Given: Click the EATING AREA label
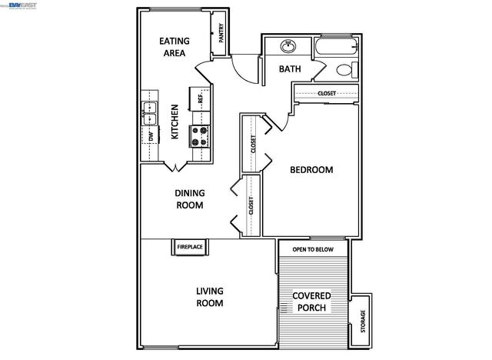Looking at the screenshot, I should tap(175, 47).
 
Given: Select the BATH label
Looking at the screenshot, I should tap(290, 69).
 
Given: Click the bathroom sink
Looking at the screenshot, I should tap(288, 46).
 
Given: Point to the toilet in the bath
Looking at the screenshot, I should tap(346, 69).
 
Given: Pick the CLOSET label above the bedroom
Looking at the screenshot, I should tap(327, 93).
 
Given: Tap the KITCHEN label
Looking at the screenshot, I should tap(175, 122).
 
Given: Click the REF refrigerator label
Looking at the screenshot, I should tap(201, 98).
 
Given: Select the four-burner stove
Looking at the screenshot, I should tap(200, 136).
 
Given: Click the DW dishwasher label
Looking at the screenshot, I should tap(151, 137).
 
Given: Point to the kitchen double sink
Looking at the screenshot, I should tap(148, 113).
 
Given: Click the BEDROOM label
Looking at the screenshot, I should tap(311, 170).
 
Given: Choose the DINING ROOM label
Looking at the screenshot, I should tap(189, 199).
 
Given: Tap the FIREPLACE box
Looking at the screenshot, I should tap(190, 247).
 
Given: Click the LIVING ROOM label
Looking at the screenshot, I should tap(210, 297).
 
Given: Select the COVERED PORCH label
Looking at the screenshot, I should tap(311, 302).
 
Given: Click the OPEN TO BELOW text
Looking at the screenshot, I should tap(313, 249).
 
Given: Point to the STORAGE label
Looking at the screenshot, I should tap(362, 318).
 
